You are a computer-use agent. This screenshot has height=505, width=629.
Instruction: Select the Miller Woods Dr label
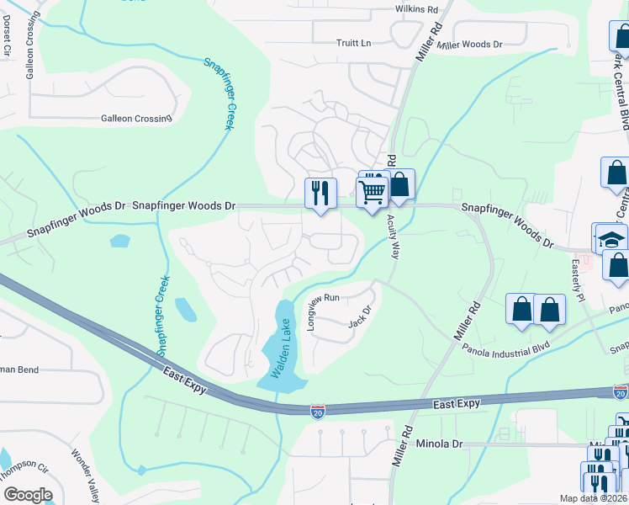click(470, 45)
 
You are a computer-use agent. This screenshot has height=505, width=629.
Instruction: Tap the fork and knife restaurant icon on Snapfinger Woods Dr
click(320, 192)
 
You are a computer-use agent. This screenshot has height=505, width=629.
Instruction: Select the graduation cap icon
click(611, 238)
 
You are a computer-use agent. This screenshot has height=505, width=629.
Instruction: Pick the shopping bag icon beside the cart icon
click(400, 185)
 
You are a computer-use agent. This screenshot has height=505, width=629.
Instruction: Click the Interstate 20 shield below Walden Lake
click(316, 410)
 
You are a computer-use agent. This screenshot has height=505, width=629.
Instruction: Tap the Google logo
click(27, 495)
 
